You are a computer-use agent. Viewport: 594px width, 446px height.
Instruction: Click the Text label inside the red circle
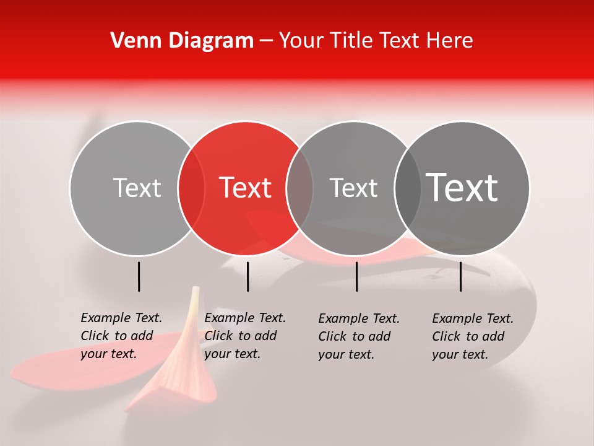(246, 188)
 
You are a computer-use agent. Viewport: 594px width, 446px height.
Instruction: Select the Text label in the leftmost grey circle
(137, 188)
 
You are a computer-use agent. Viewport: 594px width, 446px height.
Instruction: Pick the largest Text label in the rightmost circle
(462, 188)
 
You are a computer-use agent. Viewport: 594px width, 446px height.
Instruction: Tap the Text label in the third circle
(353, 188)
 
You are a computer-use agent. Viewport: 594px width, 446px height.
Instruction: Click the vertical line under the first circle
(139, 276)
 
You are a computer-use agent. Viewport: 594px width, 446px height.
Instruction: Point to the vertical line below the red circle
(247, 276)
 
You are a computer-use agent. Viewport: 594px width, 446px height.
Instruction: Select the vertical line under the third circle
(356, 276)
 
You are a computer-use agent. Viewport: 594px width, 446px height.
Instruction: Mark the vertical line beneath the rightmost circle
(460, 276)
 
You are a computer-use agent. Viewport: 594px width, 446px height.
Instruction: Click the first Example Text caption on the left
(121, 336)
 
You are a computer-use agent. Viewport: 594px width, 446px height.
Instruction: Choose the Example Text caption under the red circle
(245, 336)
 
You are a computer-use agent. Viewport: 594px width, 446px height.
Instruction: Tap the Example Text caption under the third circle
(359, 336)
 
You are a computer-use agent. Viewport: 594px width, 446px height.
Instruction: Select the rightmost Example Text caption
(473, 336)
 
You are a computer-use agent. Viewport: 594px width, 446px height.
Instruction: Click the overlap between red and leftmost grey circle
(191, 188)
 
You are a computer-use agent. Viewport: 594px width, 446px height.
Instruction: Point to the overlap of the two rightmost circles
(408, 188)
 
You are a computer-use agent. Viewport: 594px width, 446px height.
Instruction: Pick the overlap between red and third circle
(299, 188)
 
